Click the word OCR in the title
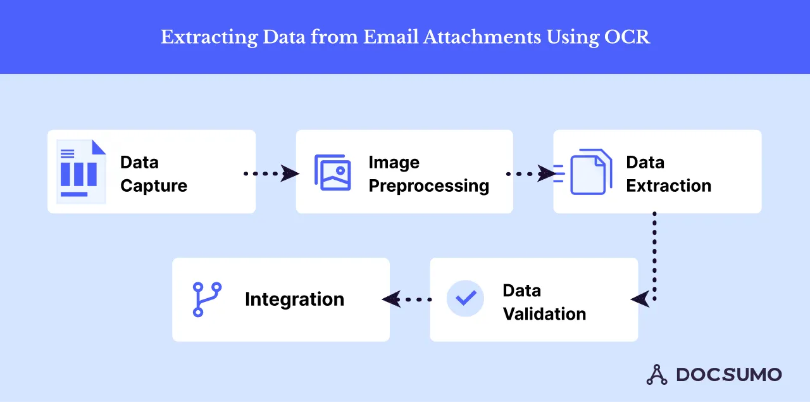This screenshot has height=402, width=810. [x=626, y=37]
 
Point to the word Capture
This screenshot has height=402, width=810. [x=154, y=186]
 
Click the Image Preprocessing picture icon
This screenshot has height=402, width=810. [x=333, y=172]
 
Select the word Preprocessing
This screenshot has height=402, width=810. [x=428, y=186]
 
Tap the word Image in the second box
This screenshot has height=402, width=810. [x=394, y=163]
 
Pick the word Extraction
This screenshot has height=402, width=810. [x=668, y=186]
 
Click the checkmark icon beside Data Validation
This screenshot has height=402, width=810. [x=465, y=299]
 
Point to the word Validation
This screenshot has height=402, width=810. [x=544, y=314]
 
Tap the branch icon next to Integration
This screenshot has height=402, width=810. [x=206, y=299]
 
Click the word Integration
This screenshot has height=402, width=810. [x=294, y=299]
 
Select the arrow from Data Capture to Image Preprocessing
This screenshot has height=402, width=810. [x=272, y=173]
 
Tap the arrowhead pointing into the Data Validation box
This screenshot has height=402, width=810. [x=641, y=299]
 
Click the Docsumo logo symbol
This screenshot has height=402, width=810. [x=657, y=374]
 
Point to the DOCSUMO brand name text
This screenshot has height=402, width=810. [x=729, y=374]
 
